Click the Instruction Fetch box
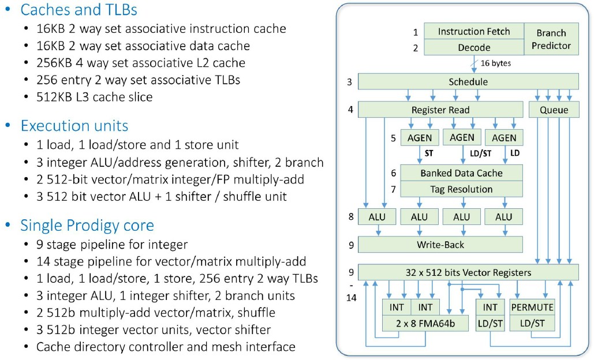pyautogui.click(x=474, y=31)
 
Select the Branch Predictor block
pyautogui.click(x=551, y=39)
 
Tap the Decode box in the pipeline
pyautogui.click(x=474, y=47)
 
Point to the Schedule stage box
pyautogui.click(x=468, y=82)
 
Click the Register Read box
pyautogui.click(x=440, y=110)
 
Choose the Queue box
pyautogui.click(x=554, y=110)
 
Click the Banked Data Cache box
pyautogui.click(x=461, y=172)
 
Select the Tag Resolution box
pyautogui.click(x=461, y=189)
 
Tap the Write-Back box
pyautogui.click(x=440, y=245)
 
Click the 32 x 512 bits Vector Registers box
pyautogui.click(x=468, y=272)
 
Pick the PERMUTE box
pyautogui.click(x=532, y=307)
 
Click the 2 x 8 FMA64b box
pyautogui.click(x=425, y=323)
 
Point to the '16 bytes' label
pyautogui.click(x=495, y=63)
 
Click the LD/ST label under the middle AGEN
pyautogui.click(x=480, y=153)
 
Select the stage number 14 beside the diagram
pyautogui.click(x=351, y=298)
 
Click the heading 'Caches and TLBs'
pyautogui.click(x=79, y=10)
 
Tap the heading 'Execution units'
pyautogui.click(x=74, y=126)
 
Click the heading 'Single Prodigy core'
pyautogui.click(x=87, y=225)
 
